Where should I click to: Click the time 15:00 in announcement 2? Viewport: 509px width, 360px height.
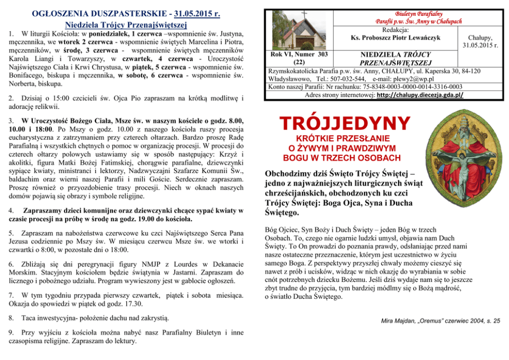click(53, 97)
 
